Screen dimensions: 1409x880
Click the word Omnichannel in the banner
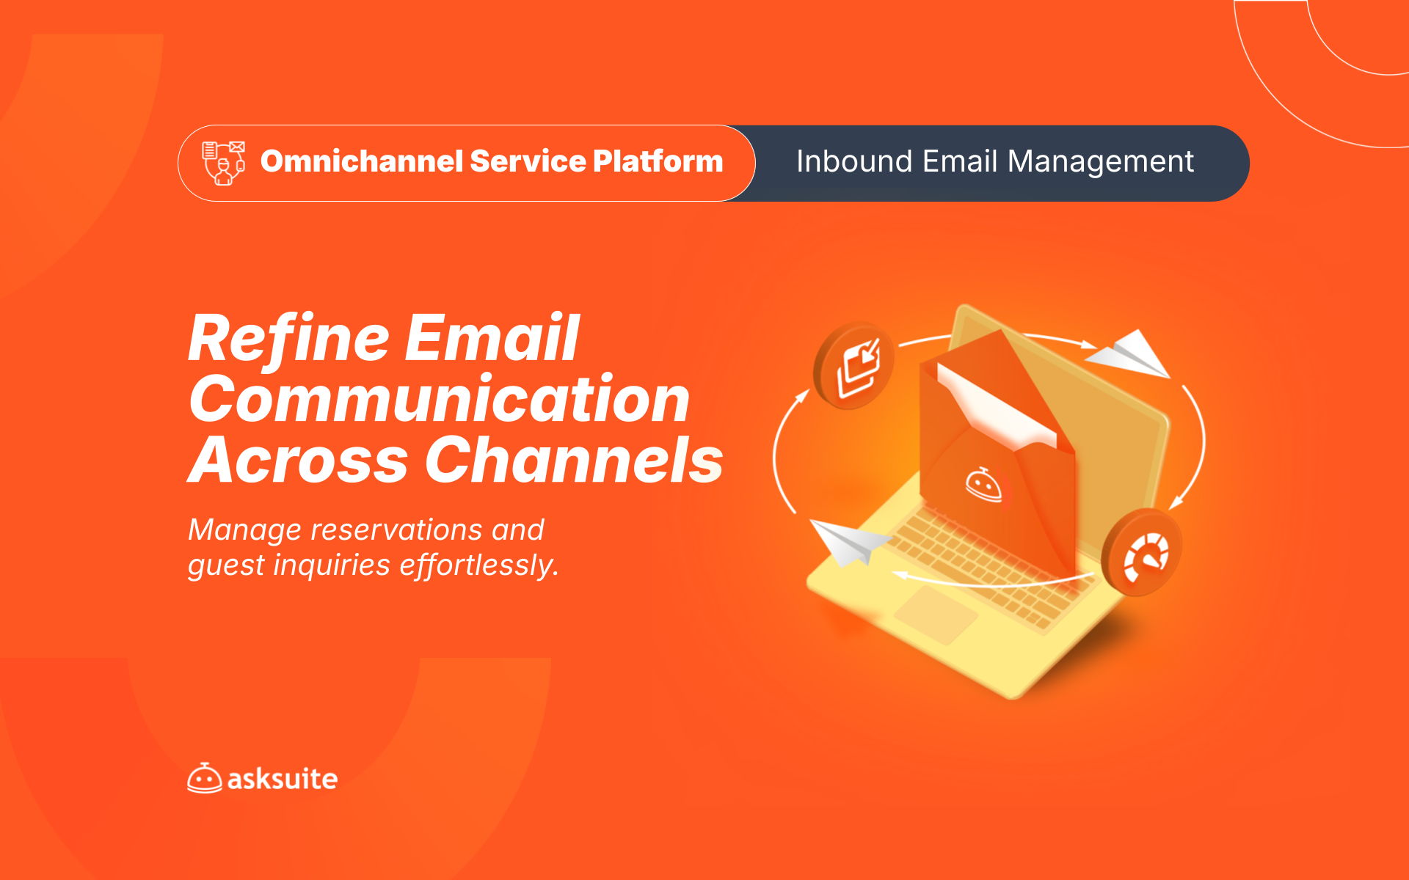point(362,161)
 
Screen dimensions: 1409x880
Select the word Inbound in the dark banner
point(855,161)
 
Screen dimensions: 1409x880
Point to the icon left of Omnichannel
point(224,163)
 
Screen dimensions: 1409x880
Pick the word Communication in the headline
point(439,399)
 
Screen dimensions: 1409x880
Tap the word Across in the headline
point(298,461)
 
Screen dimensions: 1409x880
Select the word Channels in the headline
point(575,460)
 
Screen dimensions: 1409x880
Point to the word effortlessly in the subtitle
point(479,565)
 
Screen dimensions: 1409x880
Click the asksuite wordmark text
point(283,779)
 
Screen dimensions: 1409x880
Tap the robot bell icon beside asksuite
point(204,778)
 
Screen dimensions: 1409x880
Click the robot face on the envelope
point(984,484)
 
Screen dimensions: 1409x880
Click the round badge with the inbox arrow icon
point(853,365)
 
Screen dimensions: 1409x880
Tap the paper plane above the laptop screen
point(1128,353)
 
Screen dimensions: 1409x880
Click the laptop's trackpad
point(936,615)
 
